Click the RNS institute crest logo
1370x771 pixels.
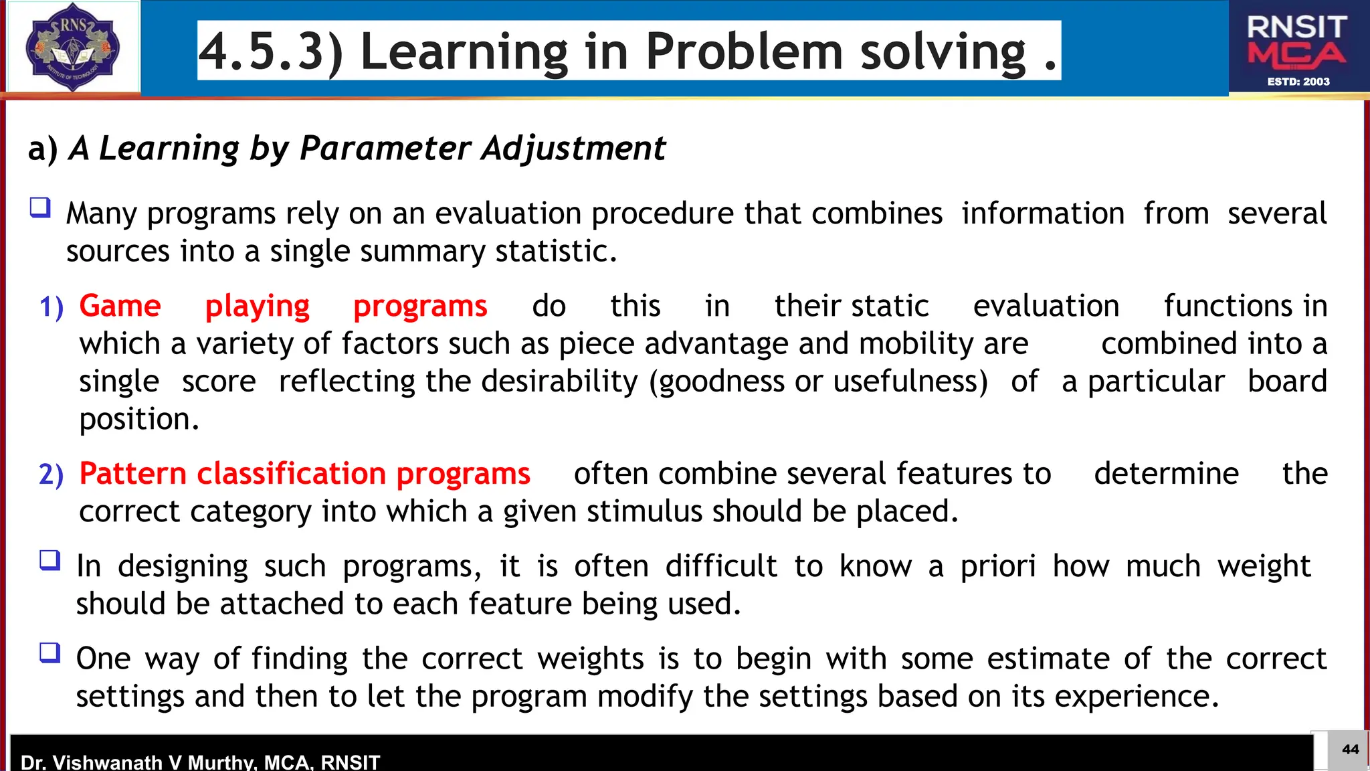(x=72, y=47)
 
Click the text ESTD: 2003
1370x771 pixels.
(x=1298, y=82)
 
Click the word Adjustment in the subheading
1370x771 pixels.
(x=573, y=148)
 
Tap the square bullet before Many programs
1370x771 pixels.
(x=40, y=207)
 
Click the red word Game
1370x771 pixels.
(x=120, y=306)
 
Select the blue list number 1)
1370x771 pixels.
(x=52, y=307)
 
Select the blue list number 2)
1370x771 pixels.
(x=52, y=475)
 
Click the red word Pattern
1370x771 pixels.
(x=132, y=474)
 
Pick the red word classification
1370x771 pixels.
(x=291, y=474)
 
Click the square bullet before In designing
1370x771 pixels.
(x=50, y=560)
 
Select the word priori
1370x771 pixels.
(x=998, y=566)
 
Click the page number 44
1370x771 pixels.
(x=1350, y=750)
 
